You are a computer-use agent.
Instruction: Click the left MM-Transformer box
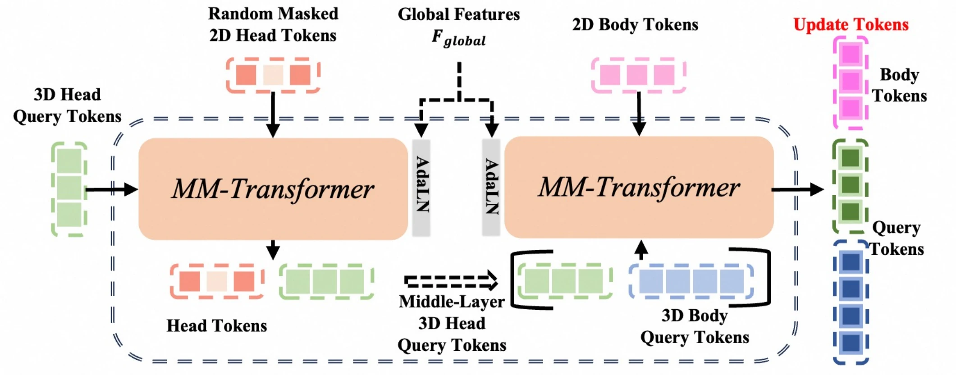(x=273, y=188)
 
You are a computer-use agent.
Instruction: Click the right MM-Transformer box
(x=639, y=187)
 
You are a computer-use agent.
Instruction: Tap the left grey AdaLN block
(x=421, y=188)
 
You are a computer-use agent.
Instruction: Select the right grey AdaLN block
(x=491, y=187)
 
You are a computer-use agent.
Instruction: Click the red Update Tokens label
(x=851, y=24)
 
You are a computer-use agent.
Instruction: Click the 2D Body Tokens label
(x=635, y=24)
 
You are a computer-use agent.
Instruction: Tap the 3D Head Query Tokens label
(x=67, y=105)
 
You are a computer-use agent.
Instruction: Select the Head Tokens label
(x=217, y=326)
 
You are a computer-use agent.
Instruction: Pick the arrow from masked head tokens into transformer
(x=273, y=115)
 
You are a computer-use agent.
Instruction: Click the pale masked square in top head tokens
(x=273, y=75)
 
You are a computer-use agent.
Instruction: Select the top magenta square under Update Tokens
(x=851, y=55)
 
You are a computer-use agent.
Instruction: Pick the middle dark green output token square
(x=851, y=184)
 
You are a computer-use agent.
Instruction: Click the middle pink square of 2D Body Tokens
(x=637, y=75)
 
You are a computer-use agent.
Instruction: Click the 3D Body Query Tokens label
(x=695, y=326)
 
